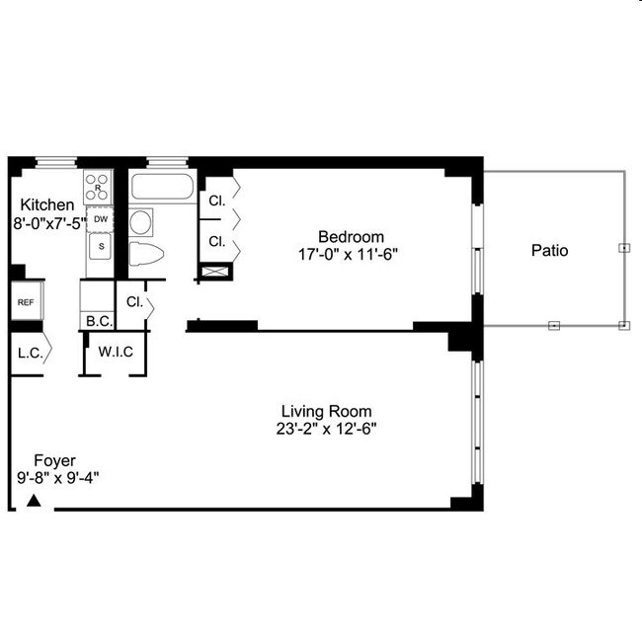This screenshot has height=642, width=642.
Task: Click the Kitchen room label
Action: [x=47, y=204]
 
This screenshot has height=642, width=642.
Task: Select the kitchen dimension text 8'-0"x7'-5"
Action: [x=47, y=223]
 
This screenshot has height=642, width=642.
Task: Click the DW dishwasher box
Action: [x=100, y=219]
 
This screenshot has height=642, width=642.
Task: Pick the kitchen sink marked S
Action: [x=100, y=246]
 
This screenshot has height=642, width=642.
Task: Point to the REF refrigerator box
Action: [x=25, y=303]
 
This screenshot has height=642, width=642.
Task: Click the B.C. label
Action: [x=97, y=321]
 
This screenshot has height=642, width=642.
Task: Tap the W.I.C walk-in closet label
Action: [x=115, y=352]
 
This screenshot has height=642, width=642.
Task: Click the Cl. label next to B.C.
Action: [x=134, y=302]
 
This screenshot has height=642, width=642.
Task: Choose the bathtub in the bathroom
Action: [x=162, y=187]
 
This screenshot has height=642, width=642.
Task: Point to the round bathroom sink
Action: [x=141, y=220]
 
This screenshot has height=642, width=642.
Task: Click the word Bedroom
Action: [x=350, y=236]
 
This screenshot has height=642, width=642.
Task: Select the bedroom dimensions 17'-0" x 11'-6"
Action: [x=350, y=254]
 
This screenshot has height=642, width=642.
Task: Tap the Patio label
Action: [x=549, y=251]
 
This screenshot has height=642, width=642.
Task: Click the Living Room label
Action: [x=326, y=411]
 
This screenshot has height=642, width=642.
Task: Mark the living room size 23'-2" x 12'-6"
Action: [x=326, y=429]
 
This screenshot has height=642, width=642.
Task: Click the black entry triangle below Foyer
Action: [x=34, y=502]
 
